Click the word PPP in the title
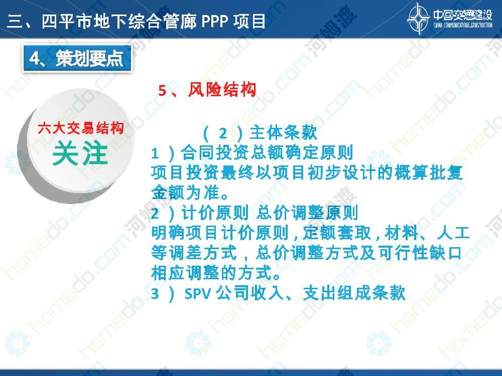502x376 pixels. point(214,22)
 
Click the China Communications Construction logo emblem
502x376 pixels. point(418,19)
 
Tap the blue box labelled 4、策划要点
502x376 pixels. point(77,59)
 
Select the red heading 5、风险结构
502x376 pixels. point(207,90)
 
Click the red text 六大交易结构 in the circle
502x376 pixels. point(81,128)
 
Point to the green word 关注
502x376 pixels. point(80,154)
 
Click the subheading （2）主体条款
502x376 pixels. point(260,133)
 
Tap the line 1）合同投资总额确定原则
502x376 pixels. point(253,153)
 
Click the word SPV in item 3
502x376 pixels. point(197,293)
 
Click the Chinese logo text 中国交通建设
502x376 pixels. point(463,15)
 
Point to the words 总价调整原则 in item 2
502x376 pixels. point(307,213)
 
